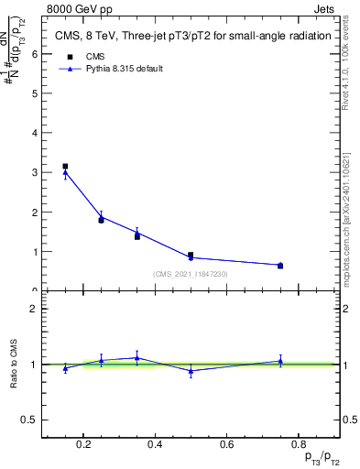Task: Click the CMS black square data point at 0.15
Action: [x=65, y=167]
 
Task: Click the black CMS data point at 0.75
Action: [x=280, y=266]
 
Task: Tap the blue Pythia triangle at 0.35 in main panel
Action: [x=136, y=232]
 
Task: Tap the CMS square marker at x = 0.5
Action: [x=191, y=255]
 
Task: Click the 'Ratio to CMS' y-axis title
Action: [x=13, y=365]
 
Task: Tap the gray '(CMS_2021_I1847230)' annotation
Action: [x=191, y=273]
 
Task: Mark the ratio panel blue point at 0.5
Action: [x=191, y=371]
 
